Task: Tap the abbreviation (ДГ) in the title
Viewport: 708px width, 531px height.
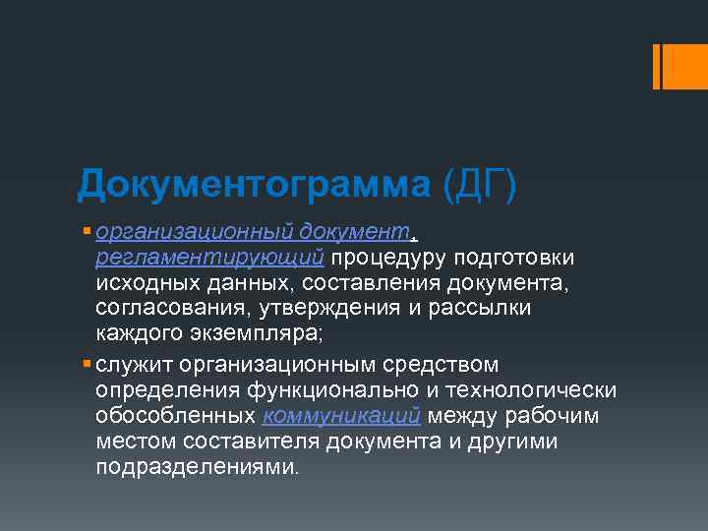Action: point(479,184)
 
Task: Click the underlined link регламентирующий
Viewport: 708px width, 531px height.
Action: point(210,257)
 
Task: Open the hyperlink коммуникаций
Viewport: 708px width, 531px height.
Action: point(343,416)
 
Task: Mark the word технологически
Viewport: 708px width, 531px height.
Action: point(543,390)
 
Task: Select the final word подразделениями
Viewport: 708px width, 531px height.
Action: point(196,467)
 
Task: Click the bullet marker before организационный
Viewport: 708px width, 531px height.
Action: point(88,231)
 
